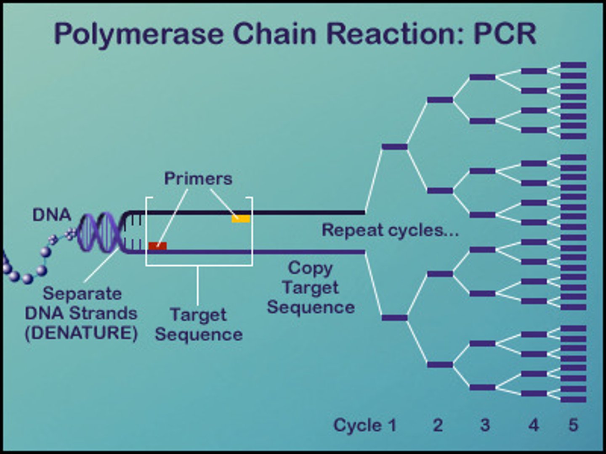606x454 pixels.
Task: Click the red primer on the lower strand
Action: (x=157, y=246)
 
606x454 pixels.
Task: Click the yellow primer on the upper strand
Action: (x=241, y=219)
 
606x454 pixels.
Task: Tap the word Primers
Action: (x=198, y=179)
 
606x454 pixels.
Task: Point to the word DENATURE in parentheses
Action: (x=81, y=333)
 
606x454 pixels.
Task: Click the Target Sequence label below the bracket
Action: (x=199, y=325)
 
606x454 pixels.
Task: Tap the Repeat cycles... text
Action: (x=390, y=230)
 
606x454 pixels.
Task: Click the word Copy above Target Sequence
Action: (x=310, y=268)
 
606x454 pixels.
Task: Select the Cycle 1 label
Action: (x=365, y=425)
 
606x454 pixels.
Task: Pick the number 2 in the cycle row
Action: (x=438, y=425)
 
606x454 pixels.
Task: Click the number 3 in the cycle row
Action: (x=485, y=425)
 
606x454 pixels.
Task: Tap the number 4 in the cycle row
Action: (x=534, y=425)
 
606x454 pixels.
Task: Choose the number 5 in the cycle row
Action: (x=573, y=425)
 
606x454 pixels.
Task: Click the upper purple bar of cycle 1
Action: (x=394, y=147)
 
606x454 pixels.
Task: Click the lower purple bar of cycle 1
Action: (x=394, y=318)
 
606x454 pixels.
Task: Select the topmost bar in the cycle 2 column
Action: (x=440, y=100)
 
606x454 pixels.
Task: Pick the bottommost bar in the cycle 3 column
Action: (x=482, y=387)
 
